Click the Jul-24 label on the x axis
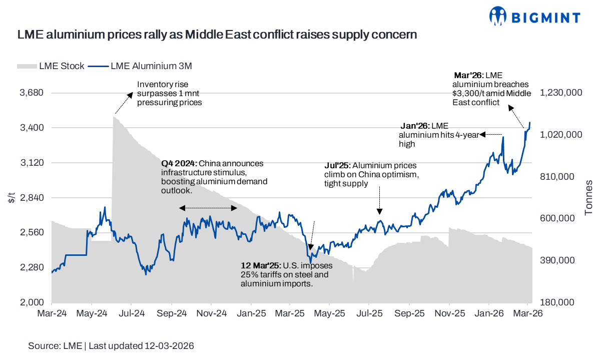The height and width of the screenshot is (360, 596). coord(132,314)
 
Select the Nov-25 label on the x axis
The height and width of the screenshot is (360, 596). coord(449,314)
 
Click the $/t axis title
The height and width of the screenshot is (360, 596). coord(12,198)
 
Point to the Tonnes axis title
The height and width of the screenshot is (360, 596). coord(588,198)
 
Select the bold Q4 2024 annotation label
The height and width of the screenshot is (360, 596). coord(179,164)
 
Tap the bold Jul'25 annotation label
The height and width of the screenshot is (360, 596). coord(337,165)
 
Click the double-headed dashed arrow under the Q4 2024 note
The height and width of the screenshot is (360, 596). coord(208,208)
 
